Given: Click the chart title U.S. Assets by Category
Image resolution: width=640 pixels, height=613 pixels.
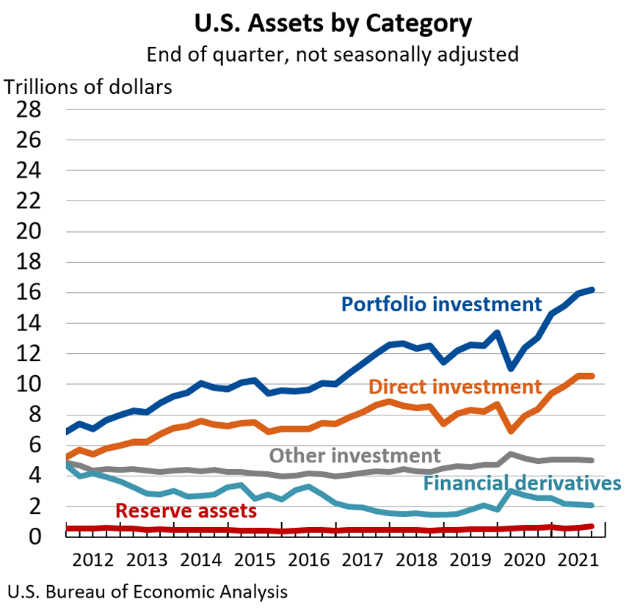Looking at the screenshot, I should (332, 23).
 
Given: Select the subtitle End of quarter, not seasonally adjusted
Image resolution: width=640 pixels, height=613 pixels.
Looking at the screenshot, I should (332, 55).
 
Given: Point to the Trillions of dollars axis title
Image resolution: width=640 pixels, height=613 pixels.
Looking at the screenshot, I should (88, 87).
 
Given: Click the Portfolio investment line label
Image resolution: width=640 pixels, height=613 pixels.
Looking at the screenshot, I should (441, 304).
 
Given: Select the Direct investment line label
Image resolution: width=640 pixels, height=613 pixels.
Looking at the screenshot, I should (455, 386).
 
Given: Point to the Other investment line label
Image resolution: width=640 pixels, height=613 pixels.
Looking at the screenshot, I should (354, 455).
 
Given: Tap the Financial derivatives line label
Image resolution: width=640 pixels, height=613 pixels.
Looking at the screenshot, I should (522, 483).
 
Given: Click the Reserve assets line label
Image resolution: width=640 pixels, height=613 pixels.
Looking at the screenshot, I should (186, 510).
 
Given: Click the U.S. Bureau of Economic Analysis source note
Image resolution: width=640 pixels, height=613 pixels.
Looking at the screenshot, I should (147, 592).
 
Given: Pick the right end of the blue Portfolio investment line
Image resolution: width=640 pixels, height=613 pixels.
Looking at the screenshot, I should (592, 290).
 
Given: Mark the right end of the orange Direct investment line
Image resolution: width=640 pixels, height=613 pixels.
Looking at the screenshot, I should (592, 376).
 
